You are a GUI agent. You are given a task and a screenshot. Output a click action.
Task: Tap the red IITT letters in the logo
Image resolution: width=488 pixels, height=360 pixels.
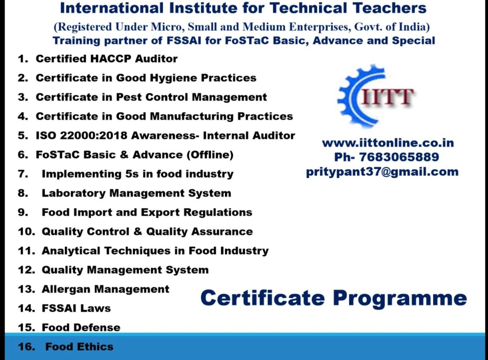[x=388, y=97]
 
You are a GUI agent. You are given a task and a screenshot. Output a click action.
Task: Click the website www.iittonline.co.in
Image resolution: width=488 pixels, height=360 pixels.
[x=388, y=143]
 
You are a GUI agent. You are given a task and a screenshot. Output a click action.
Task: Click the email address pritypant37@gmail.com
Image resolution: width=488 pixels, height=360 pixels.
[x=382, y=172]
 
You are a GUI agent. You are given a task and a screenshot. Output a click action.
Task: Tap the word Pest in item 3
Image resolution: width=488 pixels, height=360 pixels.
[x=129, y=97]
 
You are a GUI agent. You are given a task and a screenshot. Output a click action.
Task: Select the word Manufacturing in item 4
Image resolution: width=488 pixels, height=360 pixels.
[x=192, y=116]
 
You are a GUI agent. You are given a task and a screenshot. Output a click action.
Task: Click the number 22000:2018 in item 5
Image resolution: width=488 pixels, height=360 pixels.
[x=94, y=136]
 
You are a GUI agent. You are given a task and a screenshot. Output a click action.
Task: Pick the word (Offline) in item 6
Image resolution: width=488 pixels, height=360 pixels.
[x=210, y=155]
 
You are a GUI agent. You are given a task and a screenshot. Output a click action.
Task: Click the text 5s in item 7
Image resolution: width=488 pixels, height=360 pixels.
[x=132, y=174]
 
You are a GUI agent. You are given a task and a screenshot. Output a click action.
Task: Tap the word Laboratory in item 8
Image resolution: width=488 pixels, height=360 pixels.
[x=74, y=194]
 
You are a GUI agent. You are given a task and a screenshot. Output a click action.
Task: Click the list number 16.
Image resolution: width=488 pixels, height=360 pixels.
[x=27, y=347]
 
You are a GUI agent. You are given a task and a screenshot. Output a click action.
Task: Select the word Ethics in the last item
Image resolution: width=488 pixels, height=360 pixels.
[x=95, y=347]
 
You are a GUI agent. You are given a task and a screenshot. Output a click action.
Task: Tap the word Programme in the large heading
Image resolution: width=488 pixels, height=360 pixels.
[x=400, y=298]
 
